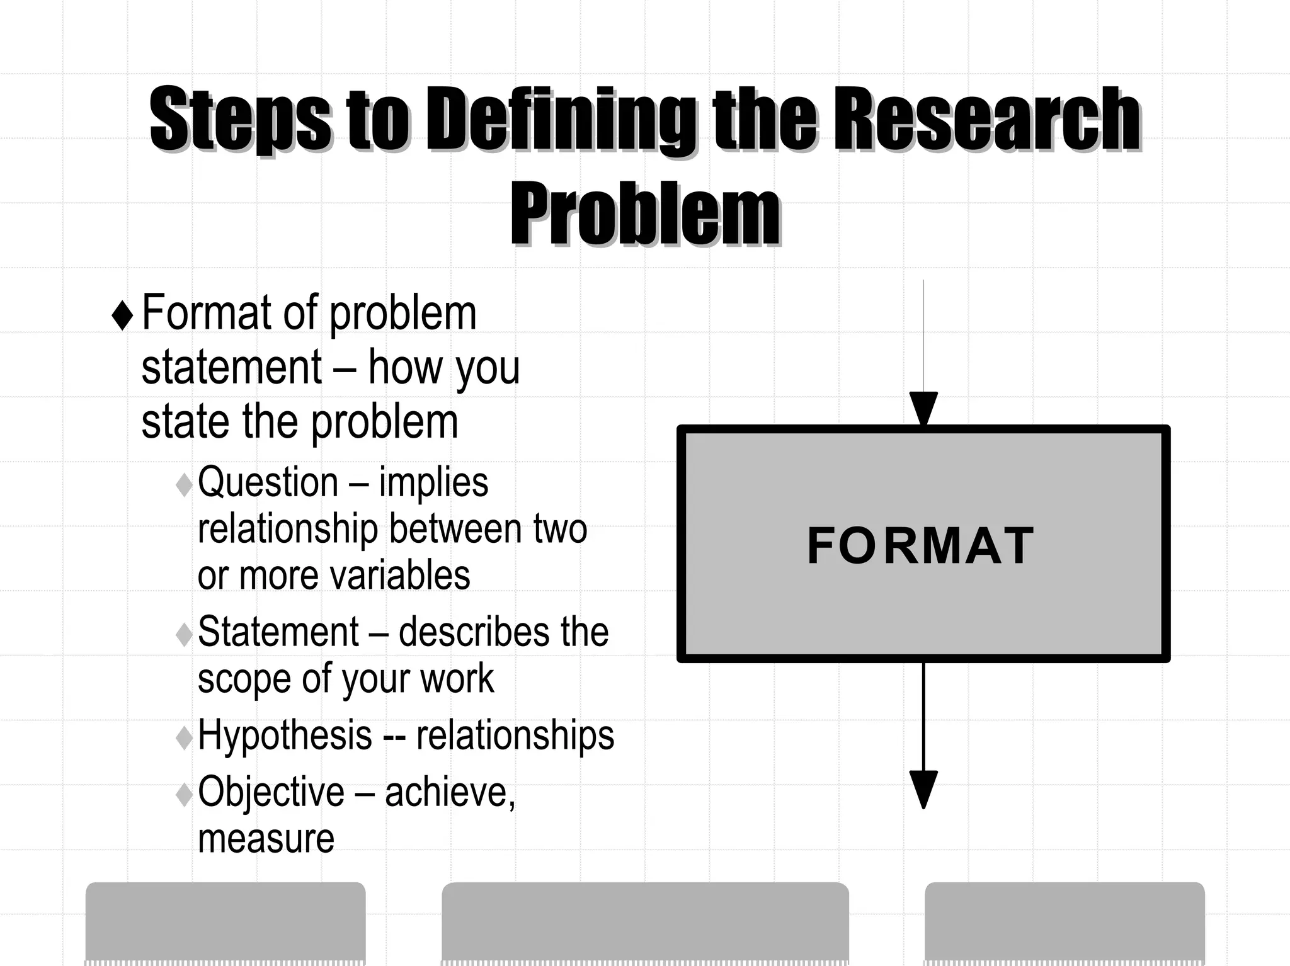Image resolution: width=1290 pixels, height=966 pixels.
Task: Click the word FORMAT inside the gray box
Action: [920, 546]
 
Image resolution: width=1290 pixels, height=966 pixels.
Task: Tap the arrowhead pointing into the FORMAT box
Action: [923, 408]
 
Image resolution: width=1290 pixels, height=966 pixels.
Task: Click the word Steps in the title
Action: [240, 120]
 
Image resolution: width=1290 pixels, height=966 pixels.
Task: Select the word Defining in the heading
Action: [561, 120]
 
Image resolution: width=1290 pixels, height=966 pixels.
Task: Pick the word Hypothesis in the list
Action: [285, 735]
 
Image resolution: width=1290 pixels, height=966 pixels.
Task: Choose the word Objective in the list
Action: [271, 792]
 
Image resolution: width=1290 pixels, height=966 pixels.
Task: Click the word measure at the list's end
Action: [266, 839]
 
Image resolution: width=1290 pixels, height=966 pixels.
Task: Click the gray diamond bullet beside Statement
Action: [184, 634]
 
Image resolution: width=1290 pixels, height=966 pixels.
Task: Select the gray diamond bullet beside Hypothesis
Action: [184, 737]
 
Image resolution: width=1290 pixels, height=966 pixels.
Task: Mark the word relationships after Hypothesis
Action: [515, 735]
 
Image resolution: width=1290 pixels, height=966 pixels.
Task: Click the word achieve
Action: [449, 792]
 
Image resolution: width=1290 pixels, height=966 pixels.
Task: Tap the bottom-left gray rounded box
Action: [225, 923]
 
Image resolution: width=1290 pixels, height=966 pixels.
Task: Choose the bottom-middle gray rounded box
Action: [645, 923]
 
